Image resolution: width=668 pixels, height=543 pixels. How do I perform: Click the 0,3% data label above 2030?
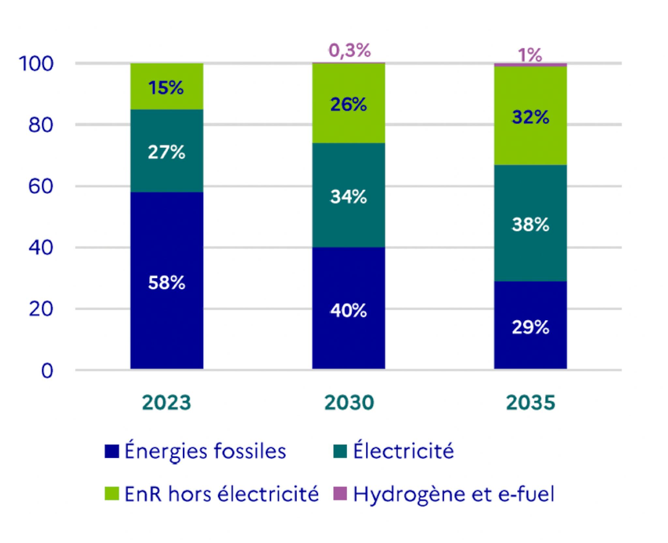350,51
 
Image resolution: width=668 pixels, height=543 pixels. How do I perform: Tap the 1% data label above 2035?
530,55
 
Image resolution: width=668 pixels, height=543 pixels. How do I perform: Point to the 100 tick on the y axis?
36,64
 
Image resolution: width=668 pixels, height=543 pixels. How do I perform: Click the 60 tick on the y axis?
40,187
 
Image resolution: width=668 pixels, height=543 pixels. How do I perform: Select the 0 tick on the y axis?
47,371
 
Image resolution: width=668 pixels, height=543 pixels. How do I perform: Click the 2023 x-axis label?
167,402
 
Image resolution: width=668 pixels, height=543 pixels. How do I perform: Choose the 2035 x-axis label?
530,402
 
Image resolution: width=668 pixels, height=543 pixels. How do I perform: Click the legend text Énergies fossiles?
205,451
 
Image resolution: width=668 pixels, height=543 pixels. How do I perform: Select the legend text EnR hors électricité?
221,493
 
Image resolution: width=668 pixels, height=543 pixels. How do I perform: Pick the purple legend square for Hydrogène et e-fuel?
340,493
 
